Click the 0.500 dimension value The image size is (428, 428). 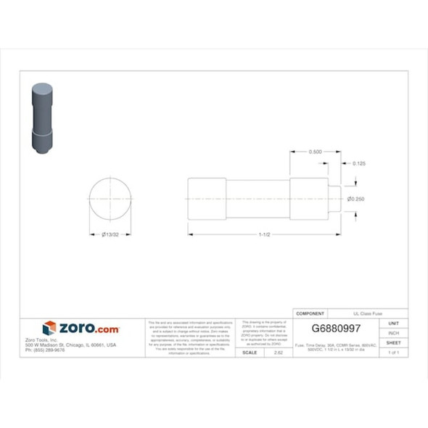[x=316, y=152]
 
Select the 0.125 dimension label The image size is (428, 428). [x=358, y=164]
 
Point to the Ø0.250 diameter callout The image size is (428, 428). [x=355, y=199]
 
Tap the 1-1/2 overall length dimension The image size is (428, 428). [x=265, y=234]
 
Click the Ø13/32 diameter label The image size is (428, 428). [x=111, y=234]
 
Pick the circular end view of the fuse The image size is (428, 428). [x=111, y=199]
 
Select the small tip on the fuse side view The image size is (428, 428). [x=335, y=199]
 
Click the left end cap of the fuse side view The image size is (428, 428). [x=207, y=199]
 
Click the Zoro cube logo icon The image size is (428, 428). [x=49, y=329]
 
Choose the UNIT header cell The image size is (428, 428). [x=394, y=323]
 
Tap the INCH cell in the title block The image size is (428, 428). [x=394, y=333]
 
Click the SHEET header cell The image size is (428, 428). [x=394, y=342]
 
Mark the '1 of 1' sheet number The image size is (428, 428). [x=394, y=352]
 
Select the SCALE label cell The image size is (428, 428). [x=250, y=352]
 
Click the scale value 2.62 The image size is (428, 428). [x=279, y=352]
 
